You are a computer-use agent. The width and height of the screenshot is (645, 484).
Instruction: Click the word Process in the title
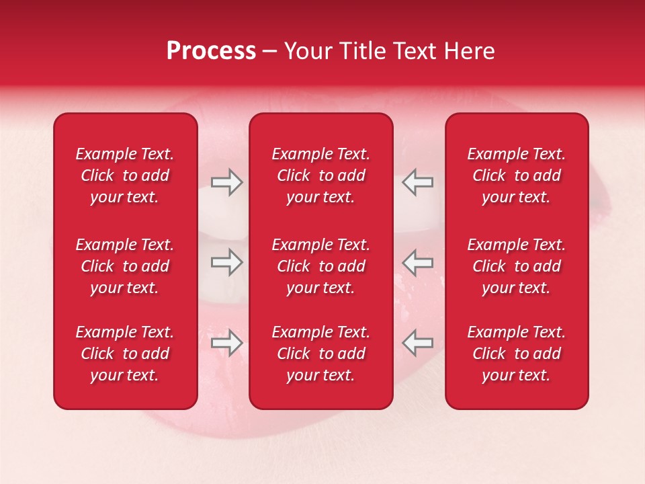pos(211,51)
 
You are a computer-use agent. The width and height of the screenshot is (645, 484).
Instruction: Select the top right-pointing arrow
pos(226,182)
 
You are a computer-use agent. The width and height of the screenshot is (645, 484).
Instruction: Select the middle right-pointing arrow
pos(226,262)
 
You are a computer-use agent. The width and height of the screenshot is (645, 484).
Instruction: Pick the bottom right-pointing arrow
pos(226,343)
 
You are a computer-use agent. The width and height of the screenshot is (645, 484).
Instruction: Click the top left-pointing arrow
pos(418,182)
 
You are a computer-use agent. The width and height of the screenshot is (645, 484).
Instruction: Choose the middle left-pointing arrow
pos(418,262)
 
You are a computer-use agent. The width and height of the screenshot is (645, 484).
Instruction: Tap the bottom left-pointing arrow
pos(418,343)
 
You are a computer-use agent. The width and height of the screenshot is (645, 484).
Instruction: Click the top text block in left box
pos(125,175)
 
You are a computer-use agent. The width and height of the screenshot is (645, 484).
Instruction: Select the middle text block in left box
pos(125,266)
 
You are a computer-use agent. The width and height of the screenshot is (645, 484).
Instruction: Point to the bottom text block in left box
pos(125,354)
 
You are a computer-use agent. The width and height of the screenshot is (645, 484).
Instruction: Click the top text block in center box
pos(320,175)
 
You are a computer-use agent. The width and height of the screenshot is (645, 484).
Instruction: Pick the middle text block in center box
pos(320,266)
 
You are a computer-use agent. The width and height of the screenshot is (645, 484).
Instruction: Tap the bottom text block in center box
pos(320,354)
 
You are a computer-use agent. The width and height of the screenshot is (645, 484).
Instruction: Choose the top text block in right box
pos(517,175)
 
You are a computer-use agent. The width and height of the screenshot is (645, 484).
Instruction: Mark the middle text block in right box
pos(517,266)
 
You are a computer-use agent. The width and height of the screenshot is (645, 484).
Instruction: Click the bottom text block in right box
pos(517,354)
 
